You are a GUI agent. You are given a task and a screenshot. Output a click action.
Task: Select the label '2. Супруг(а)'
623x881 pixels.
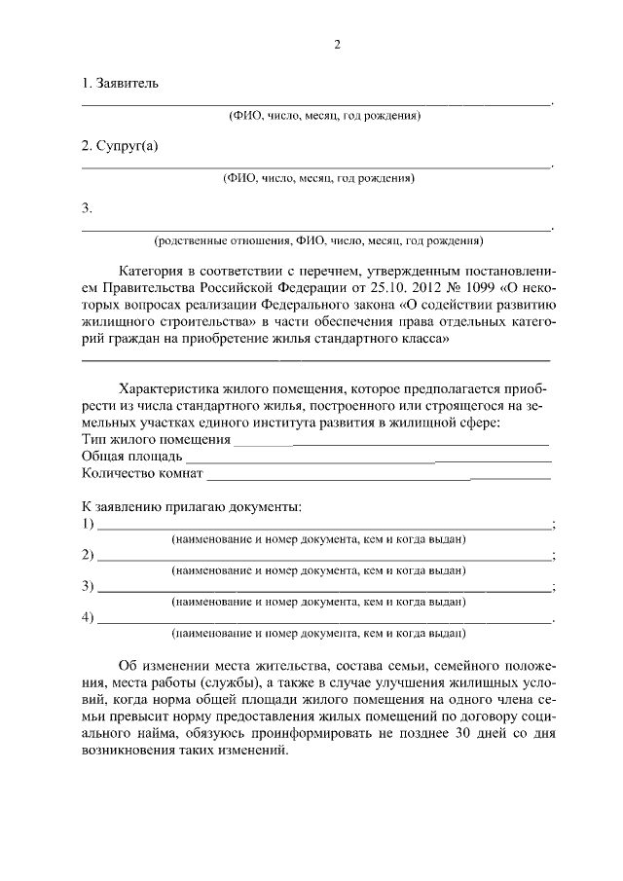click(x=119, y=146)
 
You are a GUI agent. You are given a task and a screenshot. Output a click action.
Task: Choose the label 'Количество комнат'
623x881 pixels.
click(x=142, y=474)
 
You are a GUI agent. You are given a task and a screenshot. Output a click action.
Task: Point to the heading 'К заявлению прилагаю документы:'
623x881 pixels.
click(x=191, y=506)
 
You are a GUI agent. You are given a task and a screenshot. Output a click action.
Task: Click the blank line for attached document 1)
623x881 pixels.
click(x=322, y=527)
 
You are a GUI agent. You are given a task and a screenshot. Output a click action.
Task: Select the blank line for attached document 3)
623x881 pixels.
click(x=322, y=590)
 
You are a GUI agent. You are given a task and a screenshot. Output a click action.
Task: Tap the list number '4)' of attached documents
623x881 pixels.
click(x=88, y=617)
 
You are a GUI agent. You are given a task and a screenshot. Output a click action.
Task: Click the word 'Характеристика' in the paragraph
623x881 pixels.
click(x=167, y=386)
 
